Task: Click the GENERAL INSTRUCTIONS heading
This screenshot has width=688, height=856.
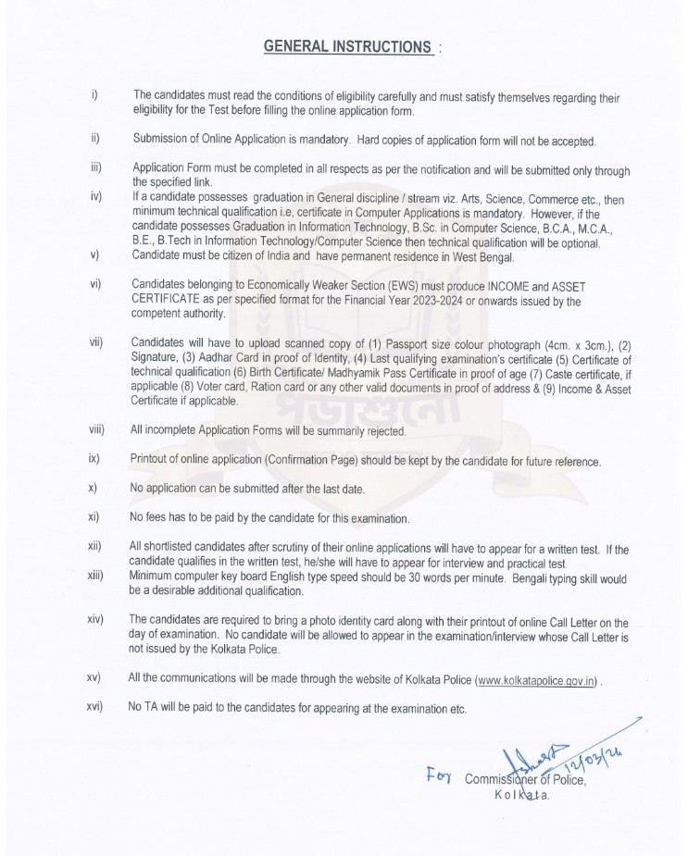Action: click(347, 45)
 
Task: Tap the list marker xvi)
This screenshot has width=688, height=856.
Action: click(93, 708)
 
